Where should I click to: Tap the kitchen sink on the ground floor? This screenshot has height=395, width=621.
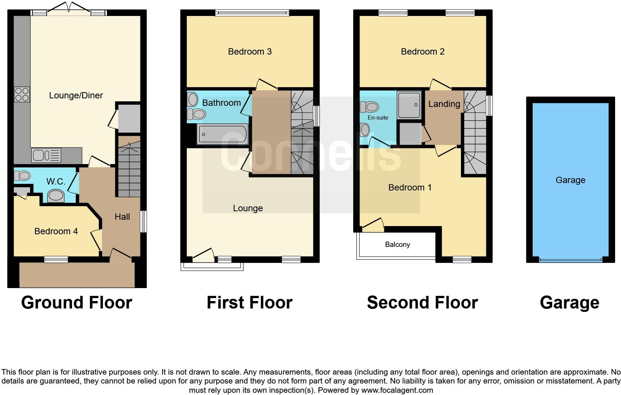(x=46, y=155)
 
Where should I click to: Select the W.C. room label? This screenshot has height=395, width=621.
(x=56, y=182)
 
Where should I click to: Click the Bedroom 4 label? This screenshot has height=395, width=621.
(x=56, y=231)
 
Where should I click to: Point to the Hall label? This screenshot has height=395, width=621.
(x=122, y=217)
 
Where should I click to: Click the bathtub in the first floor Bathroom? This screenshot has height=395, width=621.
(x=222, y=134)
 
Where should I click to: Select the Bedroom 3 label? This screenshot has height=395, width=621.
(x=250, y=52)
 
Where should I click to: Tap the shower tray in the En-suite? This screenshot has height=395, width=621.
(x=409, y=105)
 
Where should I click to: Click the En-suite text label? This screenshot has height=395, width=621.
(x=378, y=118)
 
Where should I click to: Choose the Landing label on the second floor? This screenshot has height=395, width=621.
(x=444, y=104)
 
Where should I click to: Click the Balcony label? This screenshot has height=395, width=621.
(x=397, y=245)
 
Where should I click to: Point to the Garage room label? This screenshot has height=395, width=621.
(x=570, y=180)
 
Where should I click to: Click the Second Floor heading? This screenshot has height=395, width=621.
(x=422, y=303)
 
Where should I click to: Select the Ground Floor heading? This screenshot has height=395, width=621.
(x=77, y=303)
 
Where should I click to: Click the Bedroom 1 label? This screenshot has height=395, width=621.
(x=410, y=187)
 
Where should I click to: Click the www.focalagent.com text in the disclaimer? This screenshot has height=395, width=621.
(x=397, y=390)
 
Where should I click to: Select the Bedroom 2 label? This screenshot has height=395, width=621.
(x=423, y=52)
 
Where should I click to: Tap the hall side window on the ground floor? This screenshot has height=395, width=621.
(x=143, y=222)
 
